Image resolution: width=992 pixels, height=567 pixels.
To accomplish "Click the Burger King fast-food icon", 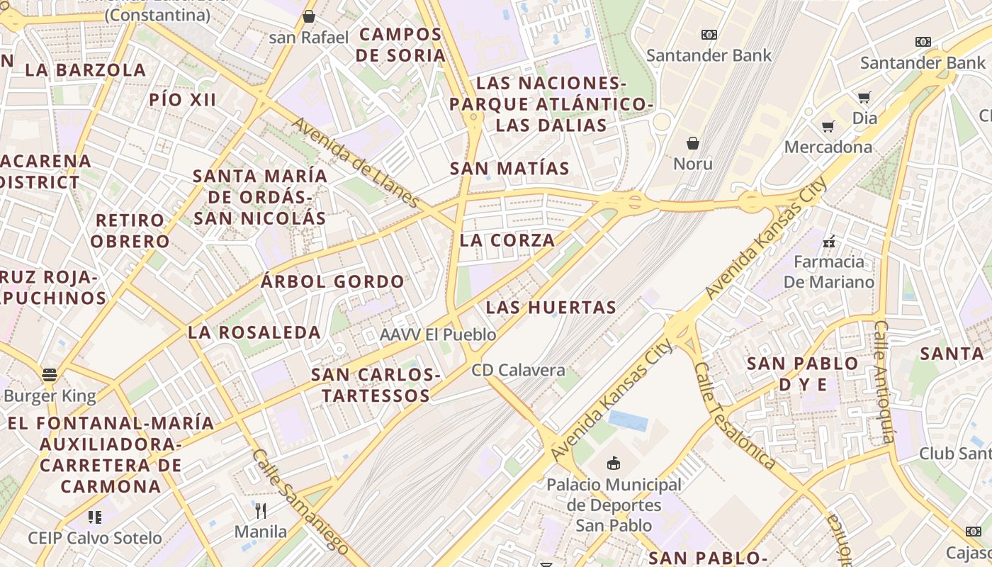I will click(x=49, y=374).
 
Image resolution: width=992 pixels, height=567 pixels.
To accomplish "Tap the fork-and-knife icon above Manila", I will click(x=261, y=510).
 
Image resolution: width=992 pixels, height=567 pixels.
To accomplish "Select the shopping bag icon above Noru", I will click(x=693, y=143).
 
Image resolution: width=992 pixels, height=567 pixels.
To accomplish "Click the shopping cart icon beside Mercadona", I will click(x=828, y=127).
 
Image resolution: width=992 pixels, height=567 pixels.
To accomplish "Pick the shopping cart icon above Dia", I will click(x=864, y=97).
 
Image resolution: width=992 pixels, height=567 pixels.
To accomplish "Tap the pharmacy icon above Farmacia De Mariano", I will click(x=829, y=242).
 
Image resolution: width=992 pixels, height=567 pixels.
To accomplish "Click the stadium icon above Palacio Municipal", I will click(x=614, y=464).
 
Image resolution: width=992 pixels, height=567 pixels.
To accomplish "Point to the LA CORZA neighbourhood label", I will click(x=507, y=240).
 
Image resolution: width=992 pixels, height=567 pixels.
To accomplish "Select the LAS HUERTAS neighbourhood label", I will click(x=551, y=308).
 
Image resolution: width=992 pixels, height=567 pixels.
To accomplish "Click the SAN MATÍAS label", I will click(x=509, y=169).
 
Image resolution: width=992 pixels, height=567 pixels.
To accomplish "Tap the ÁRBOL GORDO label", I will click(x=332, y=281).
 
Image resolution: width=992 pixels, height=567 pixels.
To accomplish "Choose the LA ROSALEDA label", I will click(x=254, y=332).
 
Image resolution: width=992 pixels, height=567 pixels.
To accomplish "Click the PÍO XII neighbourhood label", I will click(x=183, y=100).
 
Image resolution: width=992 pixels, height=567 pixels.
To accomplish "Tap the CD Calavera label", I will click(x=519, y=370).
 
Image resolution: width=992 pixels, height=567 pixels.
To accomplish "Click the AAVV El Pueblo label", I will click(x=438, y=335).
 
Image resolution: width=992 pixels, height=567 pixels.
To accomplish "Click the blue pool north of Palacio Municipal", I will click(x=629, y=421).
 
